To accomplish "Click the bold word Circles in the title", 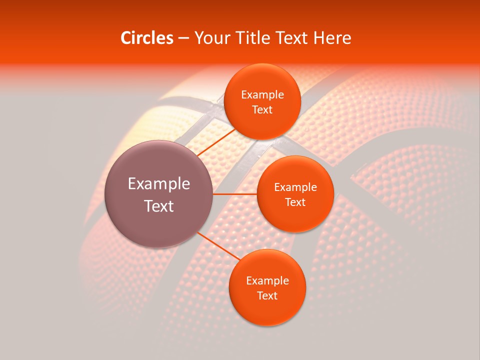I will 147,38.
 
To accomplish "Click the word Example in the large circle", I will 159,184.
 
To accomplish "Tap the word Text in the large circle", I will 159,206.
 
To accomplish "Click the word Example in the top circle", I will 262,95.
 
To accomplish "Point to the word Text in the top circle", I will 262,110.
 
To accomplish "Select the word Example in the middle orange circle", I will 295,187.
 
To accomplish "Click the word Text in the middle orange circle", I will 295,202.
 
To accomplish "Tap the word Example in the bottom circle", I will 267,281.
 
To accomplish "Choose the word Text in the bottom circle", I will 267,296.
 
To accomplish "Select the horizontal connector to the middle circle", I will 235,193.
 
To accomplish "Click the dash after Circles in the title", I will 183,38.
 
